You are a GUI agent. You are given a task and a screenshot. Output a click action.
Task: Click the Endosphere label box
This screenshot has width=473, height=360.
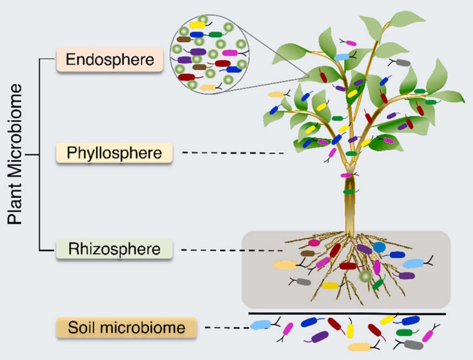110,59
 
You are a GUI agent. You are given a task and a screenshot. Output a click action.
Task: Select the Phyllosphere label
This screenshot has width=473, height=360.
115,153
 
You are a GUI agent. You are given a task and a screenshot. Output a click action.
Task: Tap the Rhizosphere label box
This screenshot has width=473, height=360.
115,249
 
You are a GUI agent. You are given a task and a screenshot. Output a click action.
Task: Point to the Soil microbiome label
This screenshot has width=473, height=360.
127,327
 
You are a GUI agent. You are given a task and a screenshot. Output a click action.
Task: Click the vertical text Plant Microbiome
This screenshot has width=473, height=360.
15,154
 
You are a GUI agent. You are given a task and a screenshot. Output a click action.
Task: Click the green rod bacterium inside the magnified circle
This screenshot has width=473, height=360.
216,35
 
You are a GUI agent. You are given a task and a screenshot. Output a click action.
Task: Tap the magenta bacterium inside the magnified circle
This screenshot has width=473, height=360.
230,53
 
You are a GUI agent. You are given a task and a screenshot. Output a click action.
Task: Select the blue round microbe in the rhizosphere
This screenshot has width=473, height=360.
379,247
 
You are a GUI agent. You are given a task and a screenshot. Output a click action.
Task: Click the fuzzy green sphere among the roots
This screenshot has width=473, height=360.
365,276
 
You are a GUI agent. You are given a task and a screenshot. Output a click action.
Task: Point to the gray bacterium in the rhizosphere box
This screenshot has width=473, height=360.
303,282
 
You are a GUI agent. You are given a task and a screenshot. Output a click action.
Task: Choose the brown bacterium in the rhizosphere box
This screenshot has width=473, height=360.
308,253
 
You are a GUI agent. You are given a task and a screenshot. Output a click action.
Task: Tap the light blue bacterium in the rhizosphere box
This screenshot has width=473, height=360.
413,263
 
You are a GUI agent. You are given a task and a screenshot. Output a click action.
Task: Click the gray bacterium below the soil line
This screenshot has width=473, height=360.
413,344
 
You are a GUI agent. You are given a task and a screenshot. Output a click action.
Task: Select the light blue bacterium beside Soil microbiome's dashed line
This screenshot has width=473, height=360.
261,325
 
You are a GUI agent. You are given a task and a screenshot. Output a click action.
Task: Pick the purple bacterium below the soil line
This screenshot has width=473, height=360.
320,336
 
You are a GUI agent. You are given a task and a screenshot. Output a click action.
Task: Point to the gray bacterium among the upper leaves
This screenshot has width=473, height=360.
403,63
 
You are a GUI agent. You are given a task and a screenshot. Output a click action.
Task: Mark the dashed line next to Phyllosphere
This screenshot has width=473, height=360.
233,153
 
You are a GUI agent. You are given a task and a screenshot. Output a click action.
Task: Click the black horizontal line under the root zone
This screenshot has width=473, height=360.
347,314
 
